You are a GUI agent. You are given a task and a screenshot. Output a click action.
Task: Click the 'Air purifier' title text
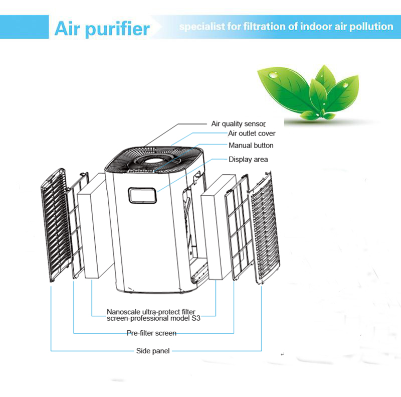102,29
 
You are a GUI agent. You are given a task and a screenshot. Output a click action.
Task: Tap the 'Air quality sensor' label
238,124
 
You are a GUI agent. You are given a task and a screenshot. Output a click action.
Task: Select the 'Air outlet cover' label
252,134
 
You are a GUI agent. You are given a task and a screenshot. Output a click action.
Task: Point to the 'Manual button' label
251,146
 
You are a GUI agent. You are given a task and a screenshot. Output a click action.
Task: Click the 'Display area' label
248,159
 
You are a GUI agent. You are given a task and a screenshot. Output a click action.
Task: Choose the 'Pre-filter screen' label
151,333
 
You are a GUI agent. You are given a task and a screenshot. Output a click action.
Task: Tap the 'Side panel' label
153,351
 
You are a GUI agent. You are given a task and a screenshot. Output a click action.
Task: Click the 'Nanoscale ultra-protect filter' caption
151,312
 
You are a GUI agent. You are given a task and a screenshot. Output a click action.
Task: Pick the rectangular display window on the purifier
142,195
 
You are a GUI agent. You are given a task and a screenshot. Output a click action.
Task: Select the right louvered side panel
265,228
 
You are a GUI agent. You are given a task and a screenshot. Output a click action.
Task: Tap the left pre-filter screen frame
77,225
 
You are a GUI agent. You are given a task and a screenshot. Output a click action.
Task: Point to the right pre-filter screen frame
237,227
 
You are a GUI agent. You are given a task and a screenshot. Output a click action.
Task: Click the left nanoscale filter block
95,226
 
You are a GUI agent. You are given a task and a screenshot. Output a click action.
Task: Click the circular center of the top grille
154,161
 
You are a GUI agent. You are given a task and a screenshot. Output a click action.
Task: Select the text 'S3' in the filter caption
196,318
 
